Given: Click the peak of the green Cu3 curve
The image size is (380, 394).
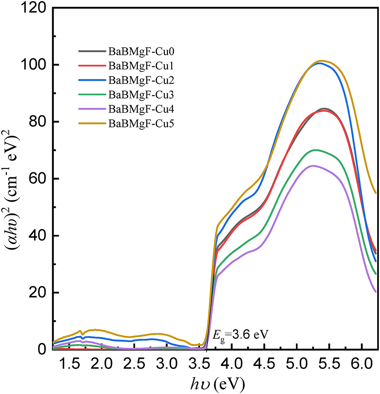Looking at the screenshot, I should tap(316, 150).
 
